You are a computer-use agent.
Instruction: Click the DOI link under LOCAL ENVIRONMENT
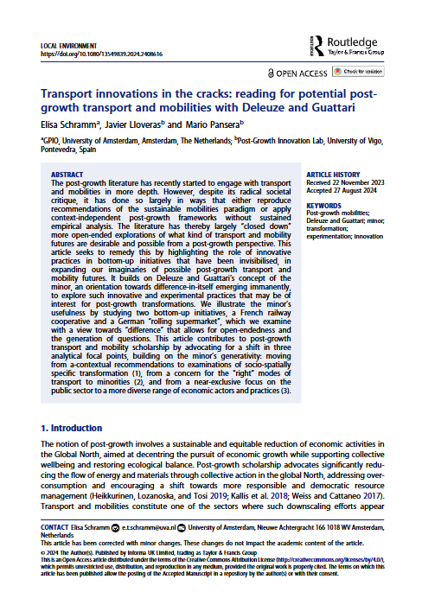(93, 54)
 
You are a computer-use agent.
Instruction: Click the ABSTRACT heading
(68, 174)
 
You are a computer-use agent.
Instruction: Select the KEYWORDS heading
(324, 204)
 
